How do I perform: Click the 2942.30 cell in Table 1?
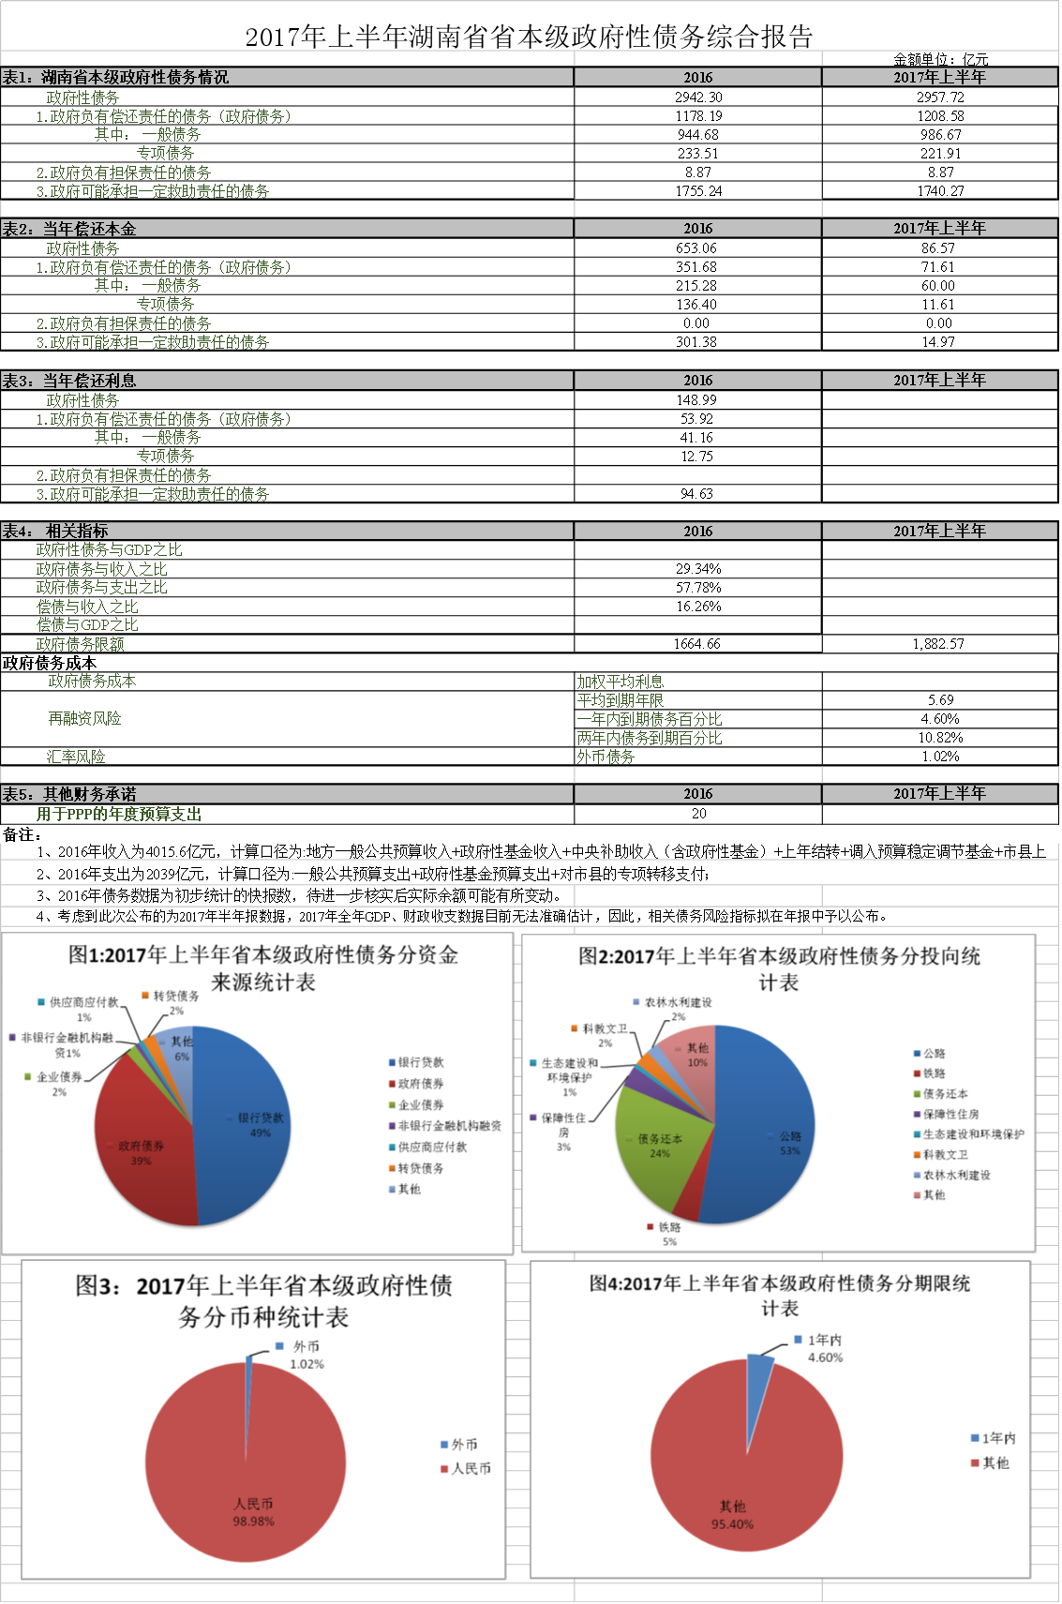698,97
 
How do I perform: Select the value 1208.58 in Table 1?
940,116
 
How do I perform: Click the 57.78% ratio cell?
698,588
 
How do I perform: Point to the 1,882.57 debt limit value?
938,644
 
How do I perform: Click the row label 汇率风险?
76,757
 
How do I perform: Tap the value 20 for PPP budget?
698,814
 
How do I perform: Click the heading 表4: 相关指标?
55,532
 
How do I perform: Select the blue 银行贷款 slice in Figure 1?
248,1116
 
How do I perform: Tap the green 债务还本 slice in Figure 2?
656,1148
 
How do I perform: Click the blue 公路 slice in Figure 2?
769,1134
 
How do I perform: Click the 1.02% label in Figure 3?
307,1364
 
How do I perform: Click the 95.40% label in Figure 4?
732,1524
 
